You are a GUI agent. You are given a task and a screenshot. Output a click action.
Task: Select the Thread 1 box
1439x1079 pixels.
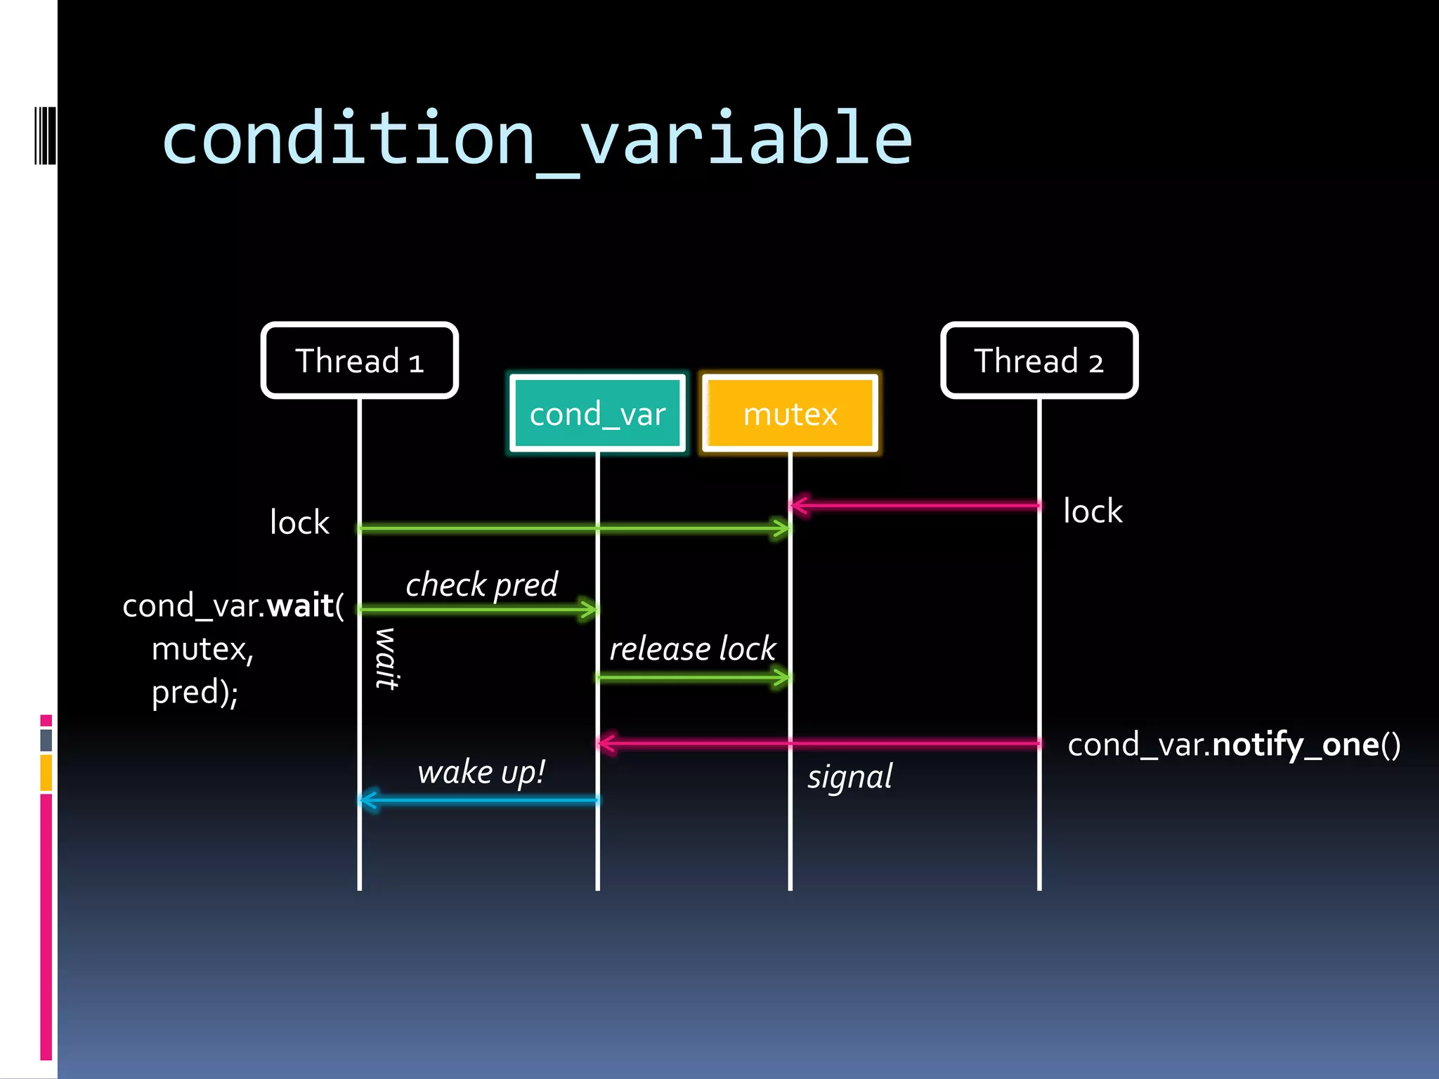[360, 360]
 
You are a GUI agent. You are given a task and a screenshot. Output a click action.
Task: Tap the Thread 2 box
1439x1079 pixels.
[1039, 360]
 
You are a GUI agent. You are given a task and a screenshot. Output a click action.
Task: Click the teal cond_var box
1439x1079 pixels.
[597, 413]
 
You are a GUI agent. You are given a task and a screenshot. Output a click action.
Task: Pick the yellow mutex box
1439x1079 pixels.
[790, 413]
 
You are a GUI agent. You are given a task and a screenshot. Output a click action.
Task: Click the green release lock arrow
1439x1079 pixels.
[694, 678]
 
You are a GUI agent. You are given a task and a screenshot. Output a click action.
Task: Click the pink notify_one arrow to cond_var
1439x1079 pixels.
[819, 743]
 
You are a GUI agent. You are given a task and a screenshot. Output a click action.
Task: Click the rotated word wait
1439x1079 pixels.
[386, 659]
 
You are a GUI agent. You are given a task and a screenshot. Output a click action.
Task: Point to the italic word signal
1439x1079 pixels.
[849, 777]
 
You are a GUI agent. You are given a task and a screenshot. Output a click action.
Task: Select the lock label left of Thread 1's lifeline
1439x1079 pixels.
[299, 523]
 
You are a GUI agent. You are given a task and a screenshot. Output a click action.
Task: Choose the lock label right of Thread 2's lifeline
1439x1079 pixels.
[1093, 511]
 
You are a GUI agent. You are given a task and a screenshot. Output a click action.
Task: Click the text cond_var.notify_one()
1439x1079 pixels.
[1234, 745]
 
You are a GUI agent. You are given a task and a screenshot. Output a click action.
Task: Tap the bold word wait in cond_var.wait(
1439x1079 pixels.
[300, 606]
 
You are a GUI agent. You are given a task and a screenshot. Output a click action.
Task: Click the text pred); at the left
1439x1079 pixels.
[195, 693]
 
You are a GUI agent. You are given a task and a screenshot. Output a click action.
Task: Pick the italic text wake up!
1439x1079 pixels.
[481, 772]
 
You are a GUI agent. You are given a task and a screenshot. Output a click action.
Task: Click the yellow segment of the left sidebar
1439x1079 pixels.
[46, 773]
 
